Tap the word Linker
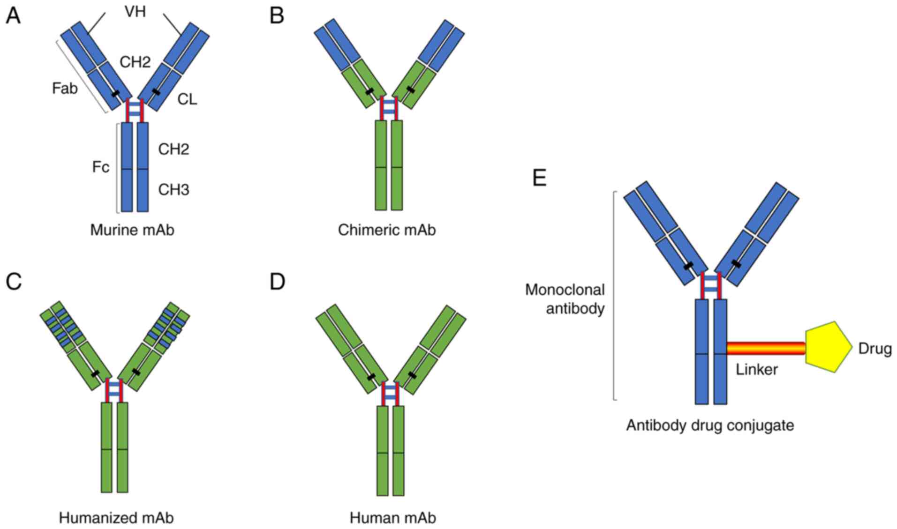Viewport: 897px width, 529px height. pyautogui.click(x=756, y=370)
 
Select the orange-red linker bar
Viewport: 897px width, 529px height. pyautogui.click(x=765, y=348)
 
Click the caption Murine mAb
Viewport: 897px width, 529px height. pyautogui.click(x=132, y=230)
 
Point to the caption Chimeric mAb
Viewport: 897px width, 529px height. pyautogui.click(x=387, y=230)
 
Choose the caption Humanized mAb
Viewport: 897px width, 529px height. pyautogui.click(x=116, y=518)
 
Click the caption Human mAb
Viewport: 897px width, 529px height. pyautogui.click(x=393, y=518)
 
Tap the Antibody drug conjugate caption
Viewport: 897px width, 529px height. pyautogui.click(x=710, y=425)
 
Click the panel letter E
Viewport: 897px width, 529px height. pyautogui.click(x=540, y=178)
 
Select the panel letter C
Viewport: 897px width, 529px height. pyautogui.click(x=14, y=282)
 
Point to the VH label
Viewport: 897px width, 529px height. pyautogui.click(x=135, y=12)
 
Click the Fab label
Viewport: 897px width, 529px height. pyautogui.click(x=65, y=88)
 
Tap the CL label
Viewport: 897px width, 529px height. pyautogui.click(x=187, y=99)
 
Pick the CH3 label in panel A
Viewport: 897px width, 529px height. pyautogui.click(x=173, y=190)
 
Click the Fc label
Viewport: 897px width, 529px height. pyautogui.click(x=100, y=167)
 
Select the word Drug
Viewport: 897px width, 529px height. pyautogui.click(x=875, y=349)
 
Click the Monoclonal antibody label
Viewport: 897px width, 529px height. pyautogui.click(x=565, y=299)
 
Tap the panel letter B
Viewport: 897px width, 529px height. pyautogui.click(x=277, y=16)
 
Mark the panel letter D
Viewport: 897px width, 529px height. pyautogui.click(x=278, y=282)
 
